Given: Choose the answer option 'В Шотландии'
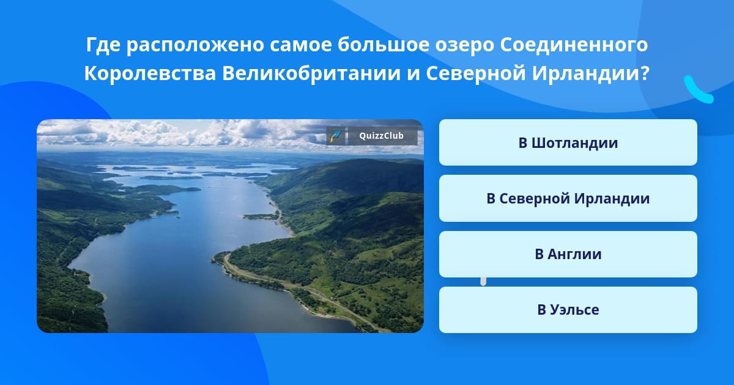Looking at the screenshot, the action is [x=568, y=142].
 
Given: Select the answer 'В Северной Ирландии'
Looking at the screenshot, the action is [x=568, y=199].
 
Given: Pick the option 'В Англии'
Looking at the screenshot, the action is [x=568, y=254].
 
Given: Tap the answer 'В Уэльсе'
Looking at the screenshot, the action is [x=568, y=310].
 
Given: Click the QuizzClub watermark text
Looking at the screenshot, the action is [x=381, y=136].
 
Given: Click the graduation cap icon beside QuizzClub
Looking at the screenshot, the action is [x=335, y=136].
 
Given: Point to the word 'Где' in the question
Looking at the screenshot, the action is [x=103, y=45].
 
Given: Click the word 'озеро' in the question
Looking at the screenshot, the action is [x=464, y=45].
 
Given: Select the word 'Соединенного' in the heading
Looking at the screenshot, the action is [x=574, y=45].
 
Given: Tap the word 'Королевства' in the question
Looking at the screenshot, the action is [x=150, y=73].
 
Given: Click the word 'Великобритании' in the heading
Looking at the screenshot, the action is [x=311, y=73].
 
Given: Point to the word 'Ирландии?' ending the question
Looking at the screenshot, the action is [x=590, y=73].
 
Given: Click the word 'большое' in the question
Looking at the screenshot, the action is [x=384, y=45].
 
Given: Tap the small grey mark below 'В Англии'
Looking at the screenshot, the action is [x=483, y=282].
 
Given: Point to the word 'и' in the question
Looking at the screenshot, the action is [x=413, y=74].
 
